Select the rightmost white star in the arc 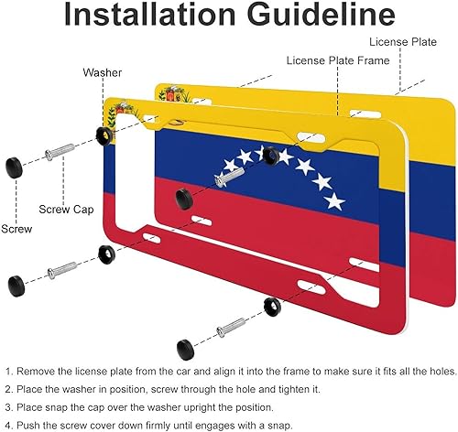click(335, 200)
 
